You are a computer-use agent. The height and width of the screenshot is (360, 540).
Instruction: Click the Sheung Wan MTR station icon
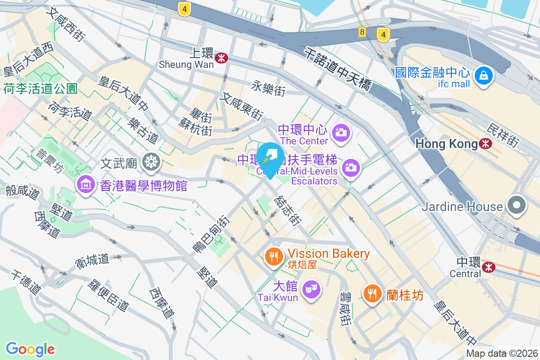pos(221,58)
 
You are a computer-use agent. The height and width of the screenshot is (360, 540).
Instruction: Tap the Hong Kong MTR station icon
pos(486,144)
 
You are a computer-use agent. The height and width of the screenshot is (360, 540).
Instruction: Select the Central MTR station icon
pos(488,267)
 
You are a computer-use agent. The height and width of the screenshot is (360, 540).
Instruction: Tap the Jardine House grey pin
pos(516,206)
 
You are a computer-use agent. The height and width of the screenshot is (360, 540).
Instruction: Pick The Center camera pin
pos(341,132)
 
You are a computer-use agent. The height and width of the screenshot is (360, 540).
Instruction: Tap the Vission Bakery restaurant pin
pos(273,256)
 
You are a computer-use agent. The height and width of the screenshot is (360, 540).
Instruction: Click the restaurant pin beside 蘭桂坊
pos(372,294)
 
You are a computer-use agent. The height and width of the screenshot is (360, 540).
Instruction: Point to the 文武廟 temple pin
pos(150,162)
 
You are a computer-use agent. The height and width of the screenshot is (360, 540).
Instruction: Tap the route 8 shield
pos(362,31)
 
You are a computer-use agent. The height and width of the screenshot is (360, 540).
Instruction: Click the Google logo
pos(30,349)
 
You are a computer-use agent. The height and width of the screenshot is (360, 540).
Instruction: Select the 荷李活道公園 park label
pos(40,88)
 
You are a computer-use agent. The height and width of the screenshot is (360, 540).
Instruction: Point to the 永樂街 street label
pos(268,88)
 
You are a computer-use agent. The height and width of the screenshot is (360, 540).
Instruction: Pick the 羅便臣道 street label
pos(108,295)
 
